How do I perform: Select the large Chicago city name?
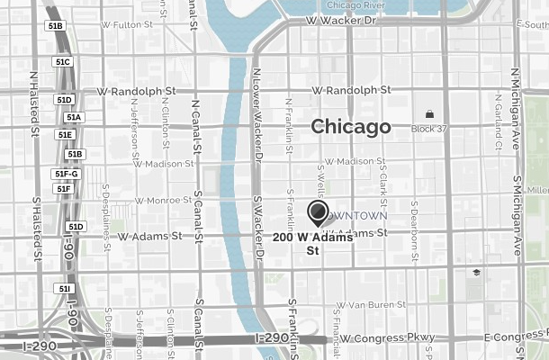coord(351,127)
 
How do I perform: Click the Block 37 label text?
coord(429,129)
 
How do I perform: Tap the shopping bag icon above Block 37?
coord(429,114)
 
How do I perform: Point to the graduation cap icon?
coord(475,273)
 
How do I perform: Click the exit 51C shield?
coord(62,62)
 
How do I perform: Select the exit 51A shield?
coord(73,117)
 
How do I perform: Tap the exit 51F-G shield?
coord(67,174)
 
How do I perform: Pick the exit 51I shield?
coord(64,289)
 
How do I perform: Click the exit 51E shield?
coord(64,135)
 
